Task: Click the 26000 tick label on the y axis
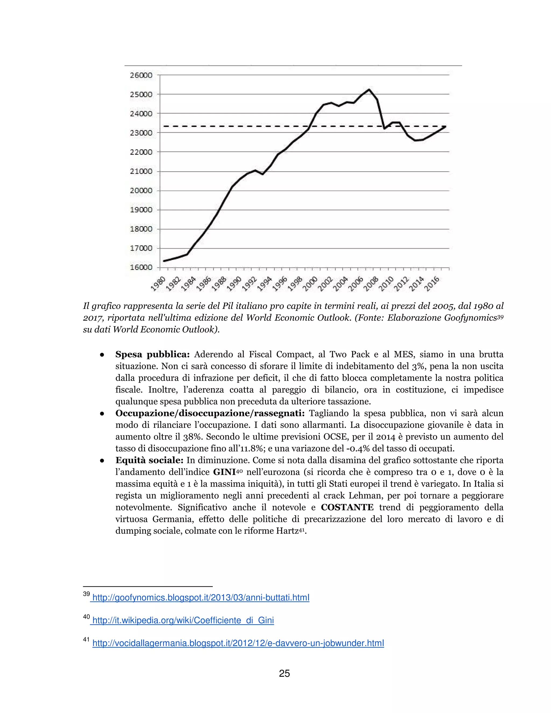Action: tap(141, 75)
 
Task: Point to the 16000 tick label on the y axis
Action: tap(141, 267)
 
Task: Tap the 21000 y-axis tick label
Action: tap(141, 171)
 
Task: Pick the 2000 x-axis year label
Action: tap(311, 283)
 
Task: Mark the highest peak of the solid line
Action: tap(369, 89)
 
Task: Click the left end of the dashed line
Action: tap(164, 126)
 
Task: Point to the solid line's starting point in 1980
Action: tap(164, 261)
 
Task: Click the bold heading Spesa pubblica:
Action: tap(153, 355)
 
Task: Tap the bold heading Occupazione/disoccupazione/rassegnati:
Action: tap(210, 413)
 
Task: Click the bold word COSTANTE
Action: tap(347, 507)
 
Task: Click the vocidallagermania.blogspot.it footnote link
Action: tap(238, 643)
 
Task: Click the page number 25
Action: tap(284, 673)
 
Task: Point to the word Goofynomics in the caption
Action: tap(470, 318)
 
